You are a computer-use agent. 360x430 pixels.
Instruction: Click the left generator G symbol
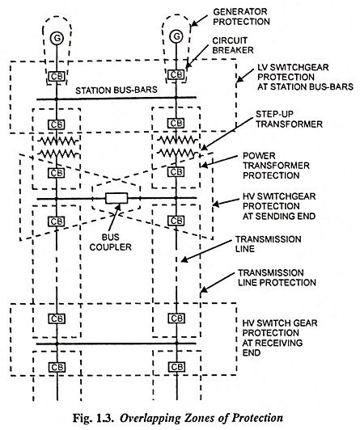click(57, 38)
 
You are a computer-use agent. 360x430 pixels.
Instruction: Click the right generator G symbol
click(176, 36)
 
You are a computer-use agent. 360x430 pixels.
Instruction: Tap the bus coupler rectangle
click(116, 198)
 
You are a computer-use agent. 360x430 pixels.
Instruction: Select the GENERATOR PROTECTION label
click(241, 17)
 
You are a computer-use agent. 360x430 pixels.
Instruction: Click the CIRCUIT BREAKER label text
click(233, 45)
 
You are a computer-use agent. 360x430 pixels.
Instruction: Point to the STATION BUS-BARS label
click(116, 90)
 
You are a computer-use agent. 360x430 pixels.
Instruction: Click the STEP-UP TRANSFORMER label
click(289, 119)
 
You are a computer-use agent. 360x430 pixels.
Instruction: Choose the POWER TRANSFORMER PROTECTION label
click(277, 166)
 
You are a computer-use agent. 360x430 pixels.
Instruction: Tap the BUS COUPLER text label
click(111, 242)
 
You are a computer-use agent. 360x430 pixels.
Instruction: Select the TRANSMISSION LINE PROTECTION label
click(277, 277)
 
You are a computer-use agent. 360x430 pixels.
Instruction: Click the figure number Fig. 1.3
click(93, 418)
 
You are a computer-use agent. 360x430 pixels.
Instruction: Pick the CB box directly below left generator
click(57, 76)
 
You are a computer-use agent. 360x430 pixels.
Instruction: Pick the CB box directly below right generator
click(176, 74)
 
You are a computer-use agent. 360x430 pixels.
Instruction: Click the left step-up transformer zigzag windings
click(57, 147)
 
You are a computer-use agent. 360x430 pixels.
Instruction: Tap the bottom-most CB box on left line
click(57, 367)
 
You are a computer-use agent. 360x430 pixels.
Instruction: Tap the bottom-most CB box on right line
click(176, 367)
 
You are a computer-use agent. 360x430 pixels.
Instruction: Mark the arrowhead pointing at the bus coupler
click(118, 207)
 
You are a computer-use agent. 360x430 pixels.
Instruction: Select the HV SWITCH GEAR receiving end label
click(280, 338)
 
